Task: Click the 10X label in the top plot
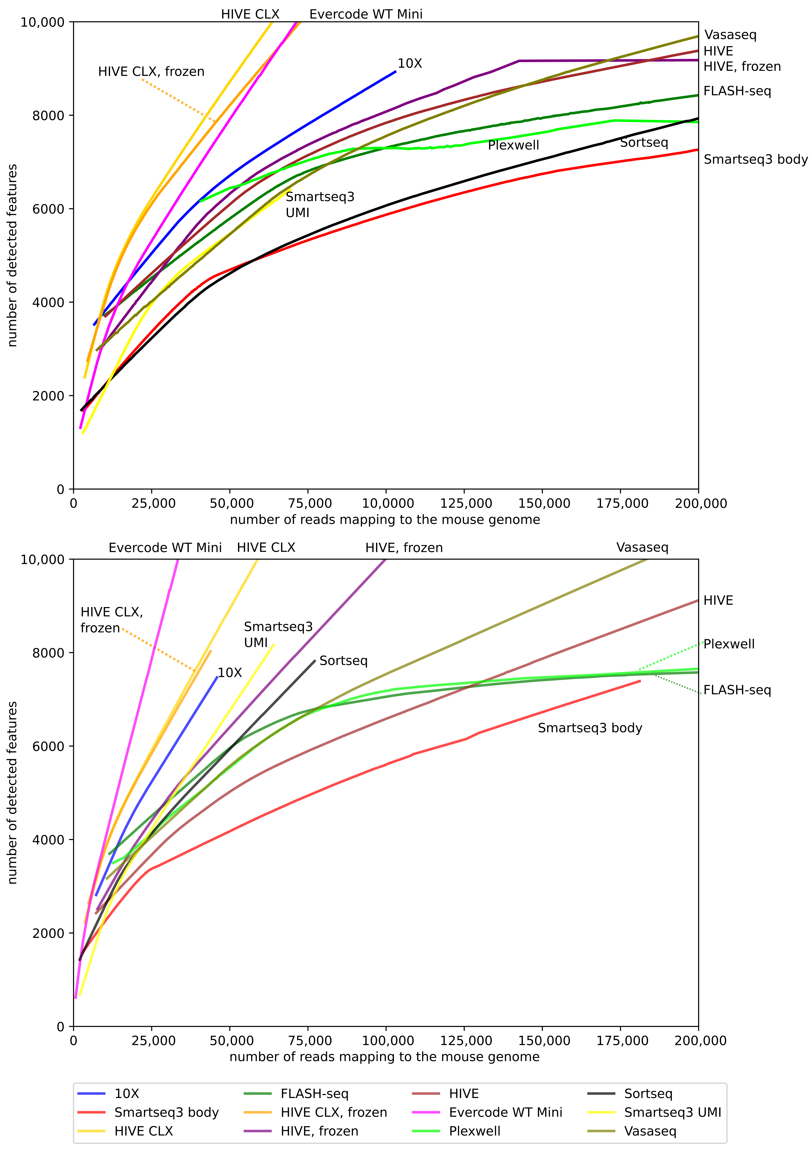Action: point(409,63)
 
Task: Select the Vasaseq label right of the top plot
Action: point(730,35)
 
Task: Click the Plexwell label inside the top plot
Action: point(513,145)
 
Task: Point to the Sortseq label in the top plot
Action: point(644,143)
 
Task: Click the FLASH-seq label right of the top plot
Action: point(737,91)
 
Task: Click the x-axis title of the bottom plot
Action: point(384,1057)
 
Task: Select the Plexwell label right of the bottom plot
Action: point(729,644)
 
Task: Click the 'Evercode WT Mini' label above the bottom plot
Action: point(165,548)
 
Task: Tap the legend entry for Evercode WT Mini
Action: point(505,1112)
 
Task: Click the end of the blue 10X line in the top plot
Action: point(396,71)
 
